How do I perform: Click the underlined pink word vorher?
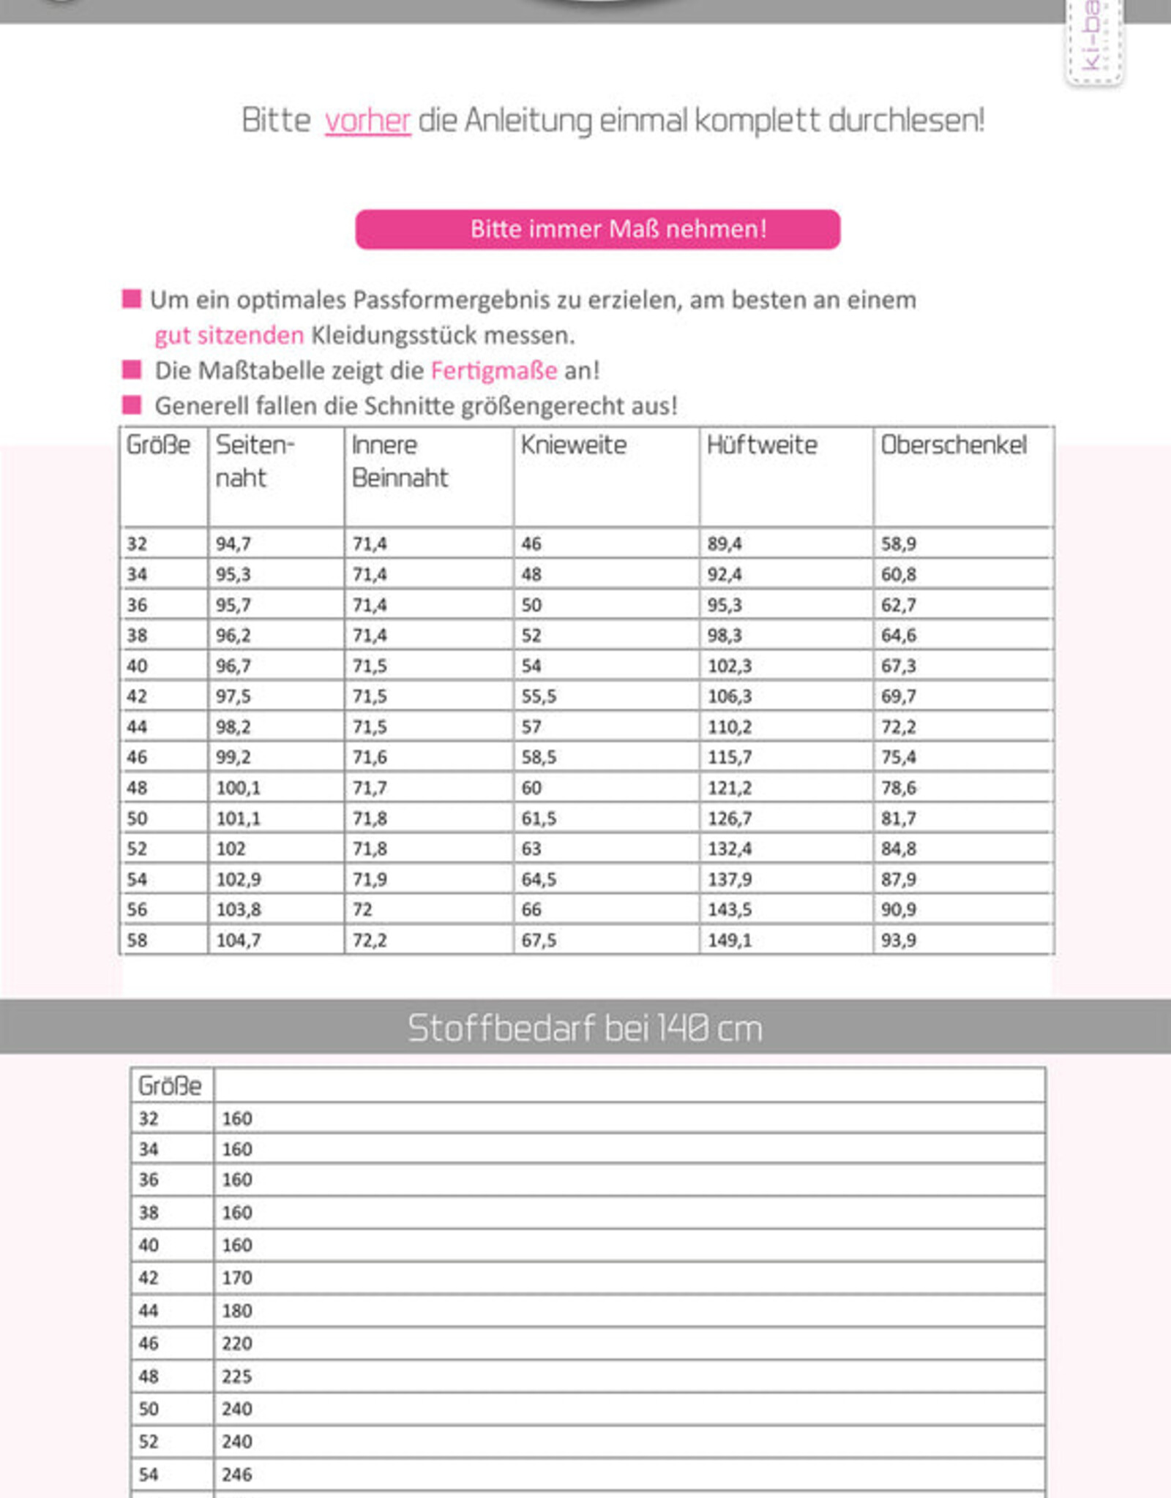pos(367,121)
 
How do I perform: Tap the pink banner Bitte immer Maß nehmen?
pos(597,229)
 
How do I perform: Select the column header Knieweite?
pos(573,445)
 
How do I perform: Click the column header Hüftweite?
pos(761,445)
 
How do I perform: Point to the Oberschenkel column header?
pos(953,445)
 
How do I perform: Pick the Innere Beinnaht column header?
pos(400,461)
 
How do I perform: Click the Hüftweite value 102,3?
pos(729,666)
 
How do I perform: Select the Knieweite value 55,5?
pos(539,696)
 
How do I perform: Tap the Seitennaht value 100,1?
pos(238,788)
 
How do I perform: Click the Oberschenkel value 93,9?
pos(898,940)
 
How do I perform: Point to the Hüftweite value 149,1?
pos(729,940)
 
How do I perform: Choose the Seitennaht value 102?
pos(231,848)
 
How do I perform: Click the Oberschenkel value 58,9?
pos(898,544)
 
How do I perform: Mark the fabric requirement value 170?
pos(237,1278)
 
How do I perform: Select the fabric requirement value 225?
pos(237,1376)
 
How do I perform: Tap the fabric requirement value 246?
pos(237,1474)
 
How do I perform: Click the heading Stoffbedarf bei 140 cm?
pos(585,1028)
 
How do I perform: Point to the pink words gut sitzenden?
pos(229,336)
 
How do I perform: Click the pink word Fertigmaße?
pos(494,371)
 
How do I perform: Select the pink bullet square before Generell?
pos(132,404)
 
